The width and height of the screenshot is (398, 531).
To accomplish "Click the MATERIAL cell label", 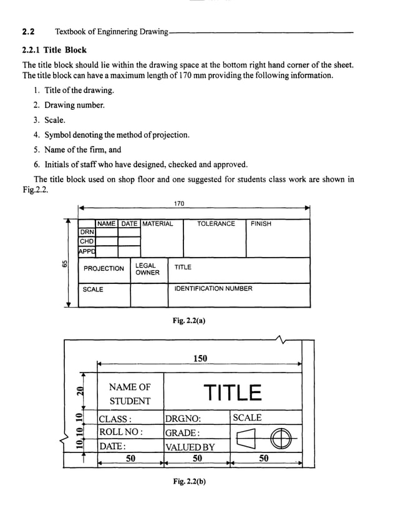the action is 158,223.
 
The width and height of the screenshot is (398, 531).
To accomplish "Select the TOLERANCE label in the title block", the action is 216,223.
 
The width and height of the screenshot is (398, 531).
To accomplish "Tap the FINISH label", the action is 261,223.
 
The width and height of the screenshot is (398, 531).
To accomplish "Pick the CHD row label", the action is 86,241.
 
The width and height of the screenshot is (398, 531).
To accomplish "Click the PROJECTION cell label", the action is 104,268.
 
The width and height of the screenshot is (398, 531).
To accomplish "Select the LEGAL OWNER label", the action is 147,269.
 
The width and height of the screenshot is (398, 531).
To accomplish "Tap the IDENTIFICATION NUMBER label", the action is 213,289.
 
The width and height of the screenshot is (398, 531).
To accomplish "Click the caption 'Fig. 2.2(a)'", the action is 189,321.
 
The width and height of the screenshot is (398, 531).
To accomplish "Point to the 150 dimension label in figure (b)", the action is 200,358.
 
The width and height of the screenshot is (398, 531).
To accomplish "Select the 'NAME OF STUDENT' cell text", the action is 130,394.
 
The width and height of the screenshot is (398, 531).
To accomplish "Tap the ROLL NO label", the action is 121,432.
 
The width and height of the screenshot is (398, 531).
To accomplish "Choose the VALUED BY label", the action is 190,447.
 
